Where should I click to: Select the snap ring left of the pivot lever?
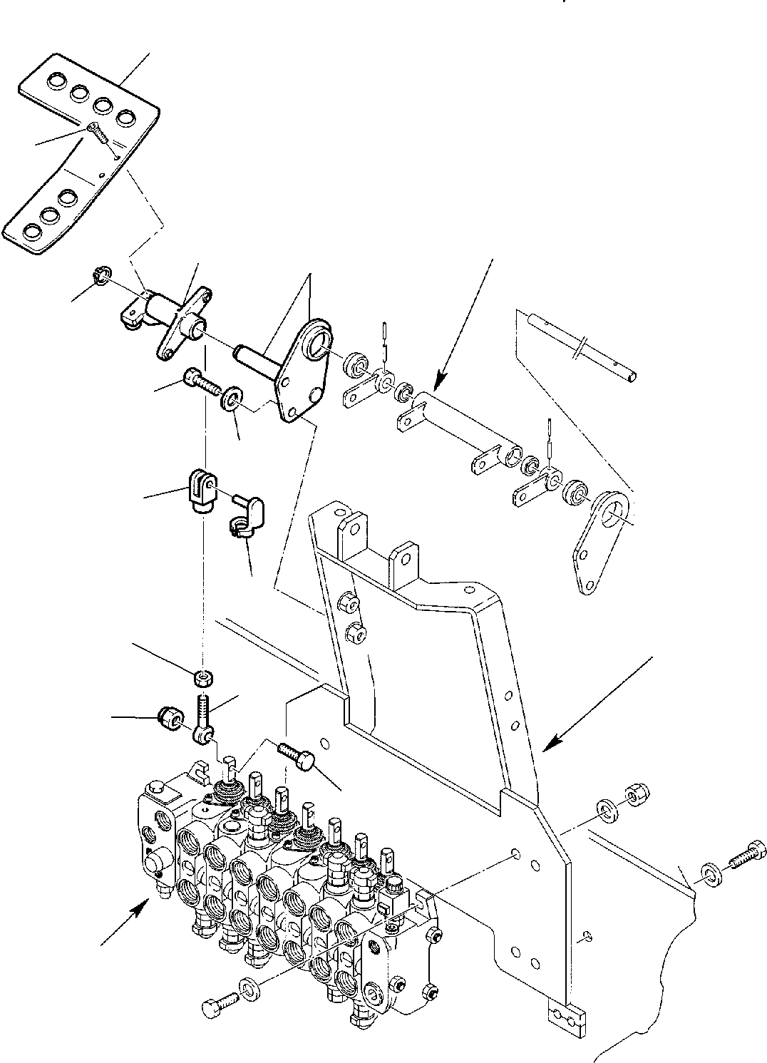click(102, 273)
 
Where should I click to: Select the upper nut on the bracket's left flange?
click(349, 603)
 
